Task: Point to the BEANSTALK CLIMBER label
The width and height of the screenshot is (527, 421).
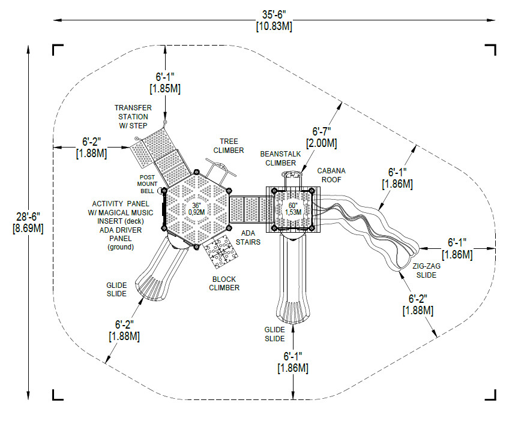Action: [x=281, y=158]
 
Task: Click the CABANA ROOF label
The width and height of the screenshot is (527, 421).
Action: [x=331, y=175]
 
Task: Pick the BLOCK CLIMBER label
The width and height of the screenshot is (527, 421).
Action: [x=224, y=283]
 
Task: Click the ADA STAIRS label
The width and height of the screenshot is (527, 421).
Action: [x=251, y=237]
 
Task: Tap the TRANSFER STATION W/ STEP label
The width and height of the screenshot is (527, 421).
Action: [x=132, y=116]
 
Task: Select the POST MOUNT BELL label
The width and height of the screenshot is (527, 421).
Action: [x=147, y=184]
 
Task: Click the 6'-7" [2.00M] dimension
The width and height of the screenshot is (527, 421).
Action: [x=322, y=137]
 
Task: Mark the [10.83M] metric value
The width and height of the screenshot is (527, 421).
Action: [x=274, y=26]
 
